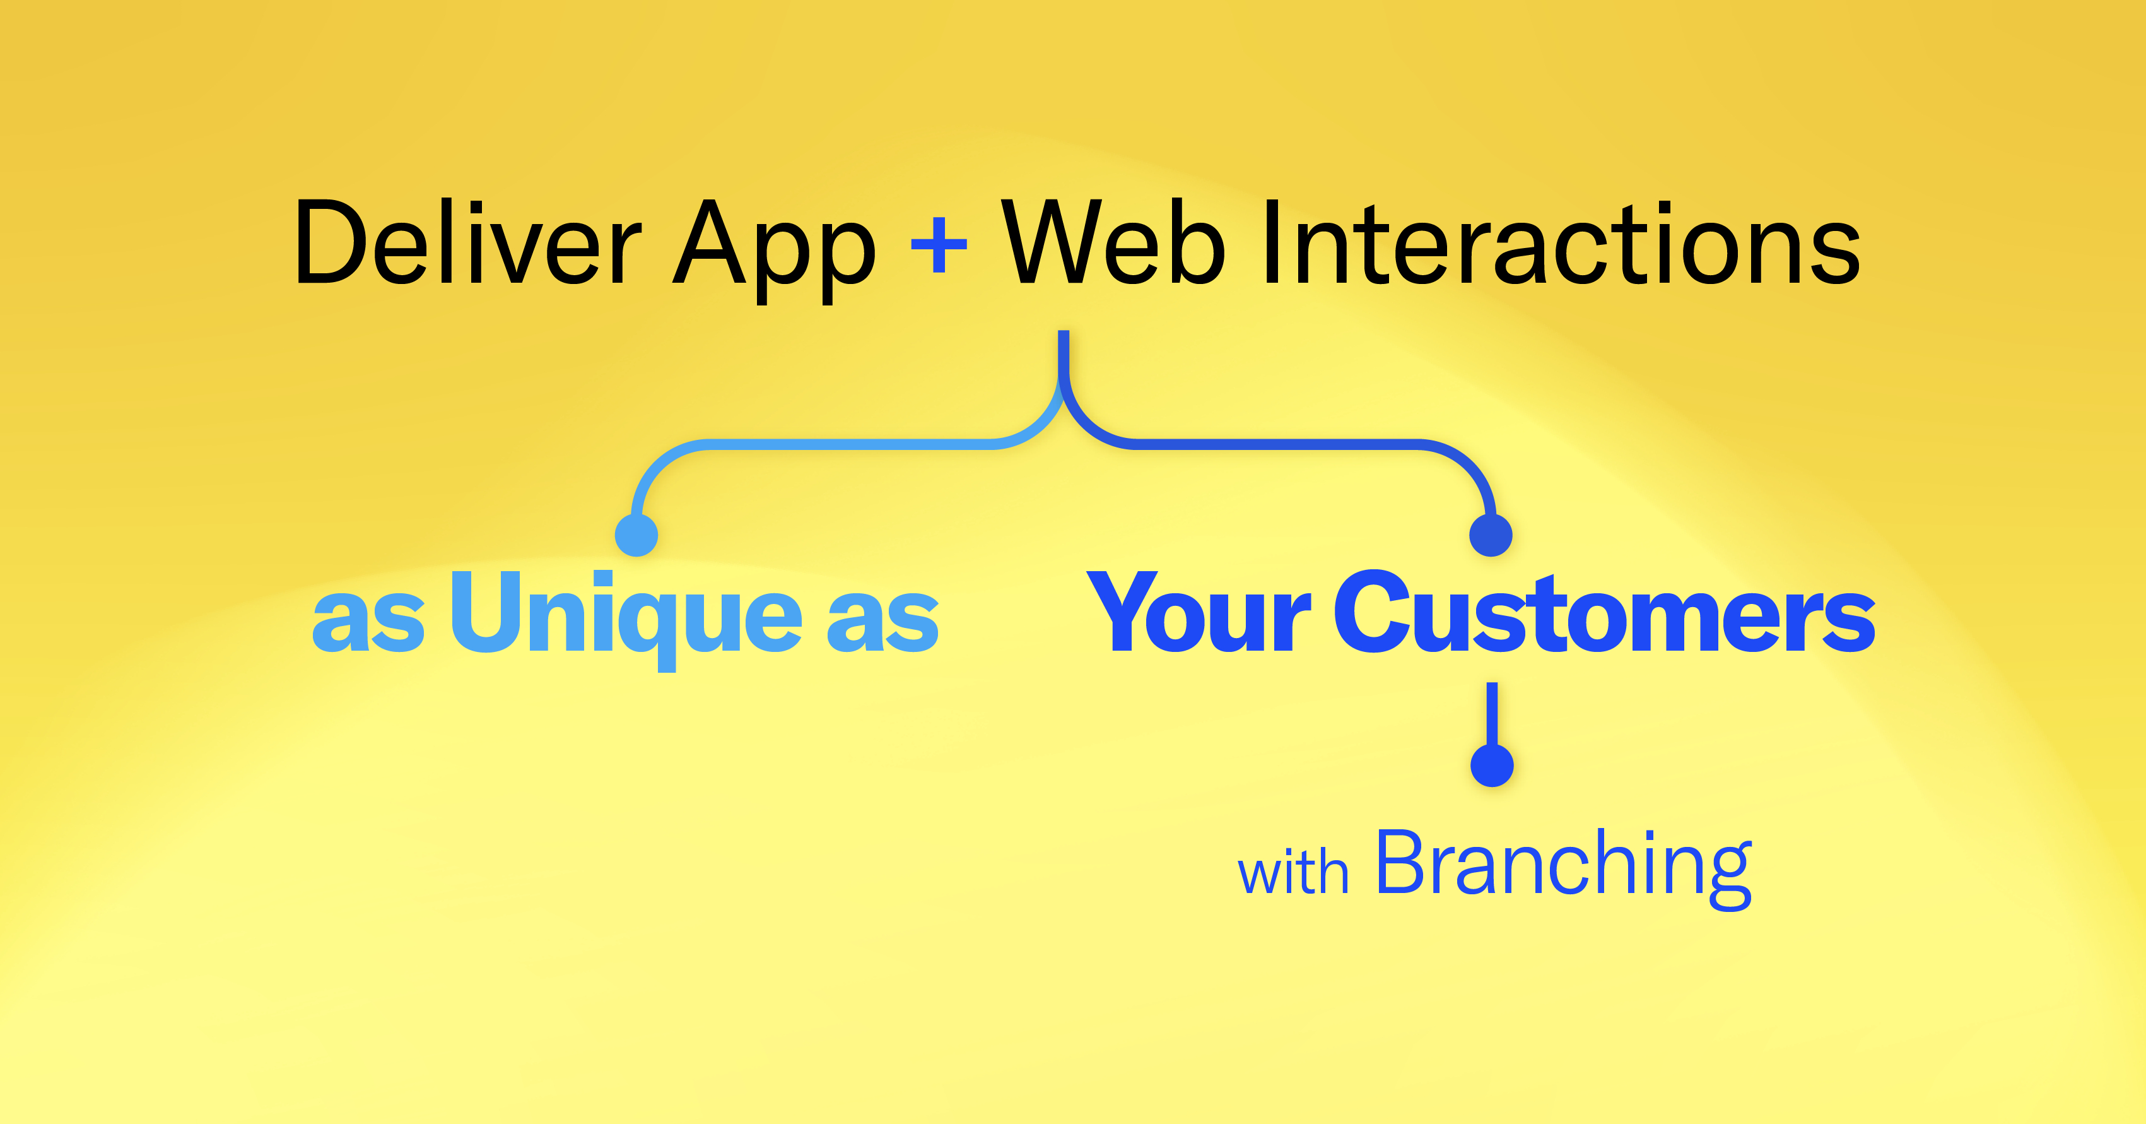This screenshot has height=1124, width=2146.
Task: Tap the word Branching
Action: [1564, 868]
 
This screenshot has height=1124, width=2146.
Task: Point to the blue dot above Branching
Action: [1492, 765]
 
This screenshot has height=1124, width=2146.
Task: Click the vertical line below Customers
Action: [1492, 714]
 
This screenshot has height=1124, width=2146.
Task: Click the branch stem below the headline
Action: [1064, 354]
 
